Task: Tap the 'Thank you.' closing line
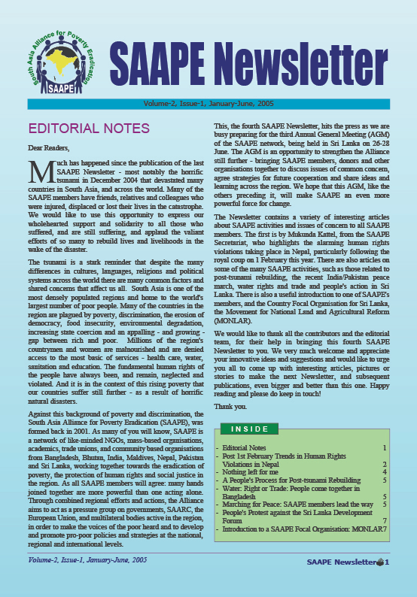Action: [x=230, y=407]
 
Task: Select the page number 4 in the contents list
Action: [x=385, y=471]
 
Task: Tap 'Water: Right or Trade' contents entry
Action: [x=301, y=488]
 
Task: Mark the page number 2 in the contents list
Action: [x=385, y=464]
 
